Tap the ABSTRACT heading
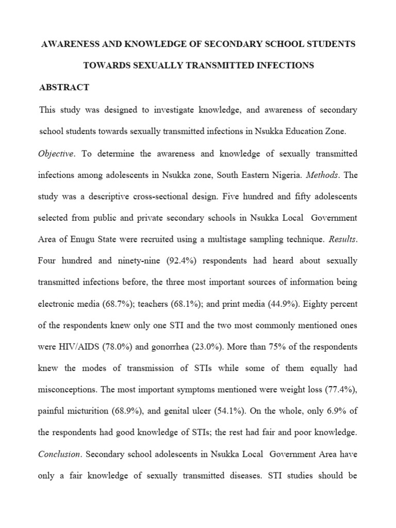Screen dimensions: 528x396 click(x=64, y=88)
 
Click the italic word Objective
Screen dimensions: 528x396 click(x=56, y=154)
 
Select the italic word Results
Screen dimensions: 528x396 click(x=341, y=239)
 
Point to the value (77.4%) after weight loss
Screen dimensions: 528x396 click(x=338, y=390)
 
